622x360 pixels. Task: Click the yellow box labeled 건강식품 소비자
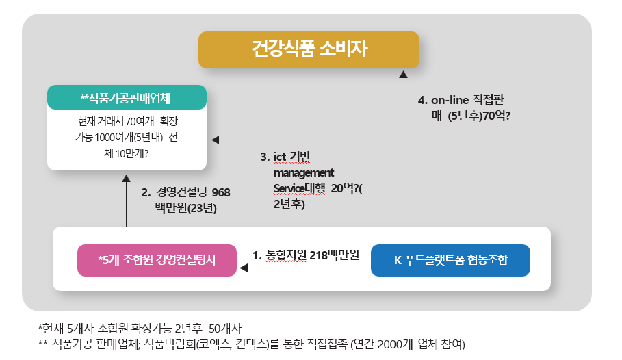tap(309, 49)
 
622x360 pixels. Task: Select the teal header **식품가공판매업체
tap(127, 98)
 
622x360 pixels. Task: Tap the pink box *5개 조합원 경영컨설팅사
tap(157, 260)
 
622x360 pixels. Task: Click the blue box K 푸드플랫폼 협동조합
tap(450, 260)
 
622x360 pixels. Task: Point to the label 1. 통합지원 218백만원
tap(305, 255)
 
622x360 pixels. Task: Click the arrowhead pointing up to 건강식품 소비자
tap(404, 73)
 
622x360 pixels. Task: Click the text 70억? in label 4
tap(496, 116)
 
